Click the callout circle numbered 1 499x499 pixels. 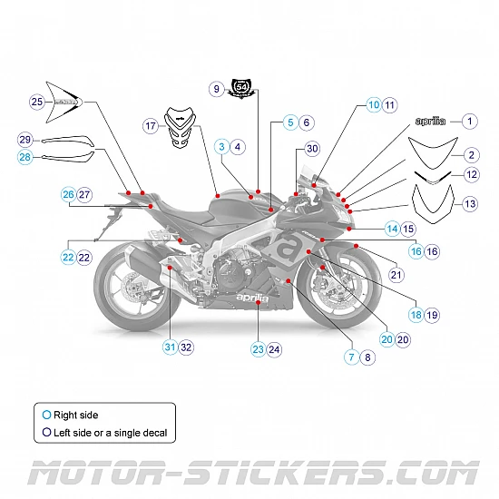tap(469, 121)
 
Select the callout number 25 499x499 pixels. tap(36, 102)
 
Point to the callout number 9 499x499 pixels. tap(216, 89)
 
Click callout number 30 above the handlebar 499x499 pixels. tap(312, 148)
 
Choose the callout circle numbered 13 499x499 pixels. tap(469, 204)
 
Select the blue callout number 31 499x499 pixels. tap(170, 347)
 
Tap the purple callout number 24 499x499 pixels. tap(275, 348)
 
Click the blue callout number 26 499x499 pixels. tap(68, 195)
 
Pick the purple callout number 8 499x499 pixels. tap(367, 357)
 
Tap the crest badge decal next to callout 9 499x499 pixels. tap(242, 89)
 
